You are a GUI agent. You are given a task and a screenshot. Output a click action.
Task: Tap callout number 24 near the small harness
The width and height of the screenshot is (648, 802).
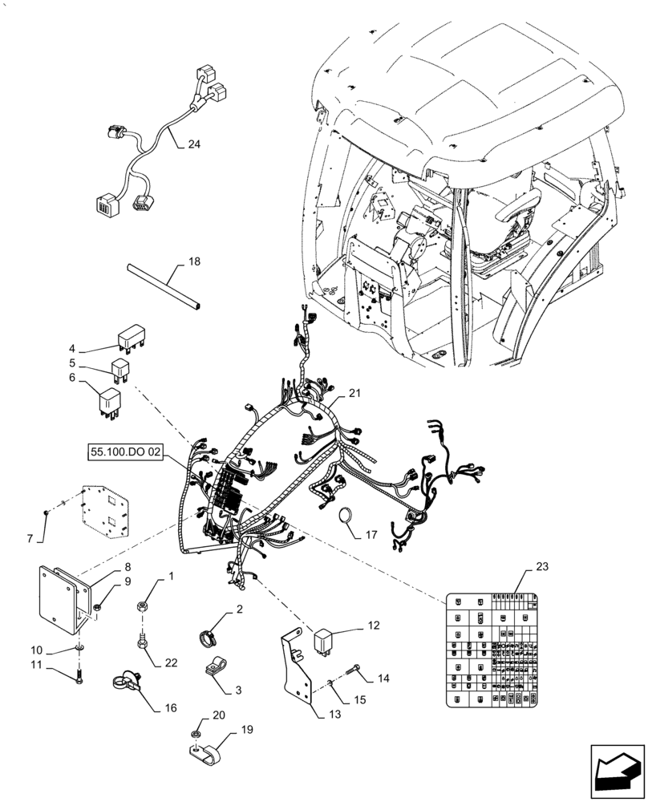[193, 145]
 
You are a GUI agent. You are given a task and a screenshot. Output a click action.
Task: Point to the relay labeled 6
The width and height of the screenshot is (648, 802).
[110, 400]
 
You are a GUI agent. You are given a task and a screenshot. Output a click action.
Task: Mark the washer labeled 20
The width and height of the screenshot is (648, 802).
[196, 735]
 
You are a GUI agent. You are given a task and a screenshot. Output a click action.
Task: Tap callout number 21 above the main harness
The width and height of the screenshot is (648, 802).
[355, 393]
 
